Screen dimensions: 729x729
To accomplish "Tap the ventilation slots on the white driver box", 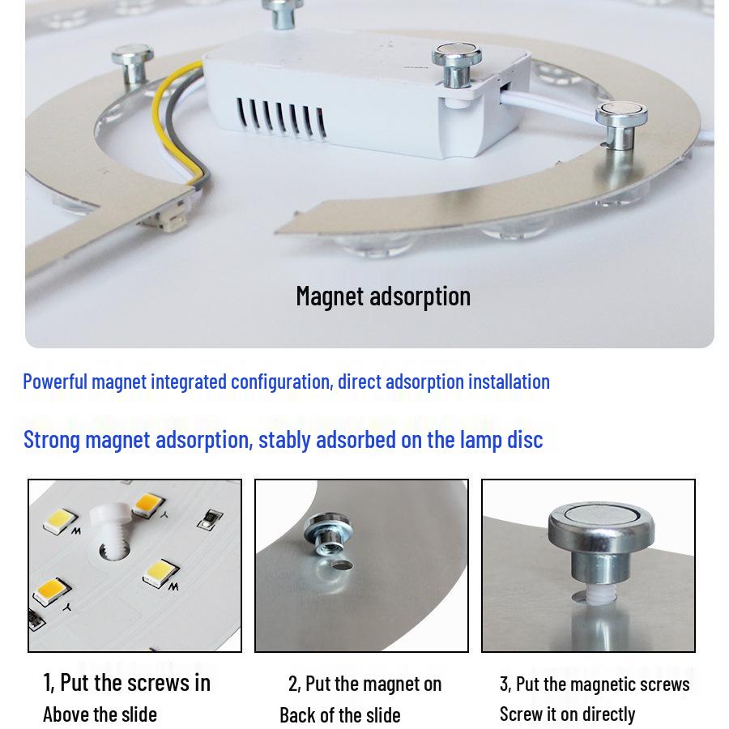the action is [281, 117].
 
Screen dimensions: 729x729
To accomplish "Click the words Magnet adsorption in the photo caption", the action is [383, 296].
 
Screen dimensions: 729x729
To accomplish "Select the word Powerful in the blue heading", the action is [55, 382].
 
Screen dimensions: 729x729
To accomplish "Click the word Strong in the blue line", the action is [52, 440].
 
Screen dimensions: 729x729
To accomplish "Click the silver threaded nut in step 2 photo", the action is [328, 534].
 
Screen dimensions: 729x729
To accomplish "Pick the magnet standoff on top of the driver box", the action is [457, 64].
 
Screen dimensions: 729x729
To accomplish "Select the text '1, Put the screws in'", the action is [126, 683].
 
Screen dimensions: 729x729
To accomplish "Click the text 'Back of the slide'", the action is [340, 715].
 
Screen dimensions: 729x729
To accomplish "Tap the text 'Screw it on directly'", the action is [567, 714].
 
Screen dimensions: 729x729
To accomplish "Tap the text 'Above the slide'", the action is [100, 714].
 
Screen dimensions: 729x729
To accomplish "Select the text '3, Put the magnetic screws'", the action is [595, 684].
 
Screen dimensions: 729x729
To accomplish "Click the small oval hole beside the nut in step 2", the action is [343, 565].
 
